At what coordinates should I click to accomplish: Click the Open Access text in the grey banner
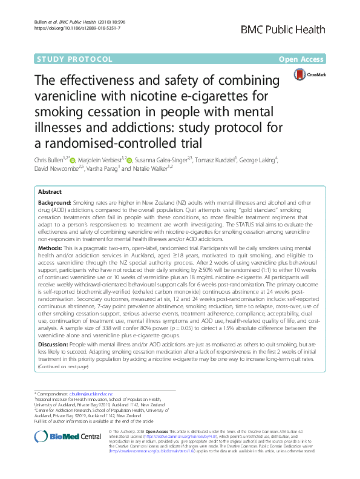point(309,59)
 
